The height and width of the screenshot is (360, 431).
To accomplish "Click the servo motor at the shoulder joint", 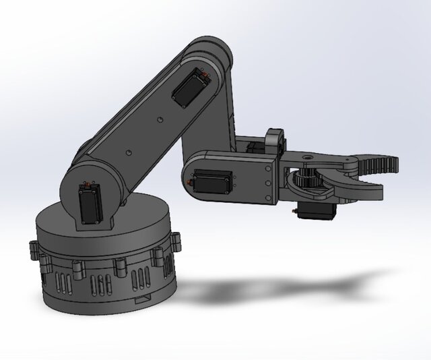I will coord(88,206).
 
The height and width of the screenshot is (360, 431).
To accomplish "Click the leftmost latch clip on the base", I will coord(33,249).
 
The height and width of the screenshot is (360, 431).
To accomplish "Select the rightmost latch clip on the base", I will coord(178,239).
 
